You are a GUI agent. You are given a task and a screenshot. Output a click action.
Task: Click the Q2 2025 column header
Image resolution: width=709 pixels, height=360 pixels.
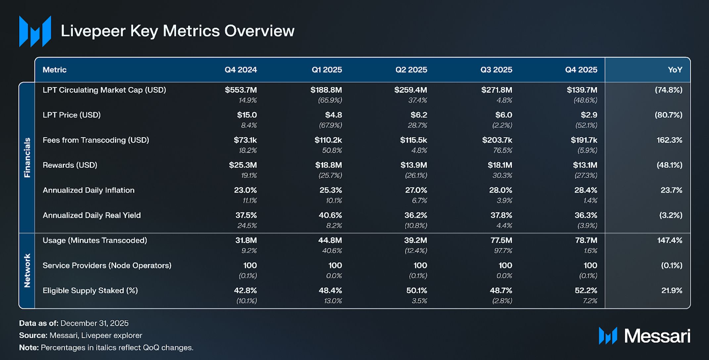411,70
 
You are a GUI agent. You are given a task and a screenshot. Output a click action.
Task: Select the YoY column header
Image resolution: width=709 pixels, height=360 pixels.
675,70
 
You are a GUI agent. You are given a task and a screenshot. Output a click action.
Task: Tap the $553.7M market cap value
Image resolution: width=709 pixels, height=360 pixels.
241,90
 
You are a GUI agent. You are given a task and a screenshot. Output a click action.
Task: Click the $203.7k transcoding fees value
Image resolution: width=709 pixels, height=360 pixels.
497,140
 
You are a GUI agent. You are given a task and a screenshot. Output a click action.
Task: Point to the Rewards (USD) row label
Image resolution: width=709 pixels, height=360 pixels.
70,165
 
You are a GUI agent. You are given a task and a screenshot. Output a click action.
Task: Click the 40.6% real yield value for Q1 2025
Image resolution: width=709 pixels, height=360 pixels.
330,215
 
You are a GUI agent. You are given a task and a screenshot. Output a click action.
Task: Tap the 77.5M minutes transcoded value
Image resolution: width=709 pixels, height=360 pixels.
501,240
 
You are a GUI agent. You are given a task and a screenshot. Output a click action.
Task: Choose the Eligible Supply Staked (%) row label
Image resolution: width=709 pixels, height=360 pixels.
90,290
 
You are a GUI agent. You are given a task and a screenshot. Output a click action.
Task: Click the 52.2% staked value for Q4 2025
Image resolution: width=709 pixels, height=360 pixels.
586,290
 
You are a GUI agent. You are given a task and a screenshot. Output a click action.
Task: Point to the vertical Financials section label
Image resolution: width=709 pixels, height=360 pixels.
27,158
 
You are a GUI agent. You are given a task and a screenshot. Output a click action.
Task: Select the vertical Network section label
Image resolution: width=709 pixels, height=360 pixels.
27,271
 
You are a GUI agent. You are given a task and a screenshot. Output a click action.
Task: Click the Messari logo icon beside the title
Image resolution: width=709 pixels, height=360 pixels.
35,31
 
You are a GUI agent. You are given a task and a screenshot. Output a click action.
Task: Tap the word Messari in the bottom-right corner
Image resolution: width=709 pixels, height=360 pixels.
657,336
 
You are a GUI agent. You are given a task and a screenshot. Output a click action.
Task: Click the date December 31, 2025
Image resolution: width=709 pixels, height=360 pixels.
94,323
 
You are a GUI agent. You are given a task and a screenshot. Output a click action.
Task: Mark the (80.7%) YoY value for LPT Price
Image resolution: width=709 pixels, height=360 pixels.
668,115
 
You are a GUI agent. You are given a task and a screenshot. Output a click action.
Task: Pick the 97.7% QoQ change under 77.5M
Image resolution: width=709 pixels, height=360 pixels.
503,251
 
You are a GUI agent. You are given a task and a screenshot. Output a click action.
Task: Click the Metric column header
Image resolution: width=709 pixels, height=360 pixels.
55,70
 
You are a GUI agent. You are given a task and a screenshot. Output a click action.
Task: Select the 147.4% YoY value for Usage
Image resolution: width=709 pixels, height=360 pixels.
670,240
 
